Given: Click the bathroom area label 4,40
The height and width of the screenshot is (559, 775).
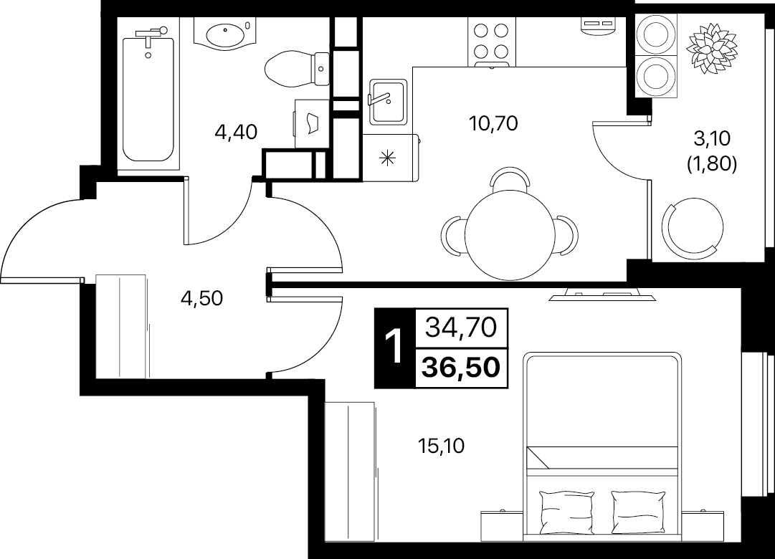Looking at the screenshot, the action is click(237, 132).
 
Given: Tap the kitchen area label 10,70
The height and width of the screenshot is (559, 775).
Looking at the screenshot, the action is click(494, 123).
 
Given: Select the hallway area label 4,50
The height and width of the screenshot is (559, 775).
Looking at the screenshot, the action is click(201, 298).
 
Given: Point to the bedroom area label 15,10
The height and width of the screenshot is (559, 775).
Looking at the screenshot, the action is click(442, 446).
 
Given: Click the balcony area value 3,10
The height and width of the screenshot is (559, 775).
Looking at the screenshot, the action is click(712, 139).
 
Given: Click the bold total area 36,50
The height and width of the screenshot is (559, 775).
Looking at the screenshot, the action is click(461, 367).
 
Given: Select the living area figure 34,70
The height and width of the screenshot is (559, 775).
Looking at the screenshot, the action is click(461, 328).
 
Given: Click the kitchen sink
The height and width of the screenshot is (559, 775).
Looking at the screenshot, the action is click(387, 102).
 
